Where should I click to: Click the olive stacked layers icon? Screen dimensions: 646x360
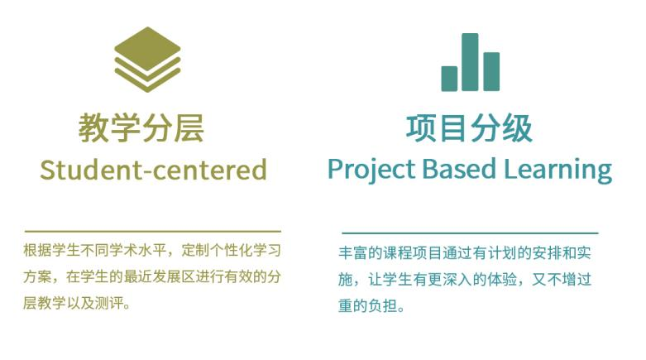147,60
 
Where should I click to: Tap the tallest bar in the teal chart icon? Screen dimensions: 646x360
470,62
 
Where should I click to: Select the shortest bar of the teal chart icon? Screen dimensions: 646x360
449,79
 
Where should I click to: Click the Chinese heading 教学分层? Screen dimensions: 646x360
141,127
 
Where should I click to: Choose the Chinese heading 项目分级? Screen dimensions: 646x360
469,128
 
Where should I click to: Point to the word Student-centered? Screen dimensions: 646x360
153,170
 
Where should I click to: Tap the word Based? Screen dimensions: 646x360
459,169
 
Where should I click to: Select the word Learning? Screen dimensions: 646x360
558,170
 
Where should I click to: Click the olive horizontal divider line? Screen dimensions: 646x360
153,232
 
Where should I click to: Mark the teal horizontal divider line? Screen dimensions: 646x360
470,233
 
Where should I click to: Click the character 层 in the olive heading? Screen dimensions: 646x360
189,127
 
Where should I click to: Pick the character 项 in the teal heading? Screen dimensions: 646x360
421,128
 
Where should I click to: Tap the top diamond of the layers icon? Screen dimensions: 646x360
147,44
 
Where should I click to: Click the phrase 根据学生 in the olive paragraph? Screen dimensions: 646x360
51,250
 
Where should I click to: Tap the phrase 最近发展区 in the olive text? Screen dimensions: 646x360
159,276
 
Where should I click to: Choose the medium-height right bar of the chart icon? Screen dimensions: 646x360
491,71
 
